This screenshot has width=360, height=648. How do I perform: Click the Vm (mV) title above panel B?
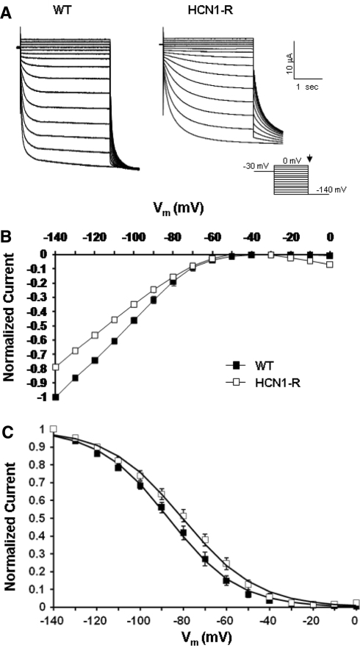tap(176, 209)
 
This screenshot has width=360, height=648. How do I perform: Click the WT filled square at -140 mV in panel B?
tap(56, 397)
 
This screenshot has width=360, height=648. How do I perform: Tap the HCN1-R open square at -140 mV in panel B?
tap(56, 367)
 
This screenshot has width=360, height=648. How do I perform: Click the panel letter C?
tap(6, 434)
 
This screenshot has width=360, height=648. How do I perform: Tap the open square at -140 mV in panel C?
tap(53, 429)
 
